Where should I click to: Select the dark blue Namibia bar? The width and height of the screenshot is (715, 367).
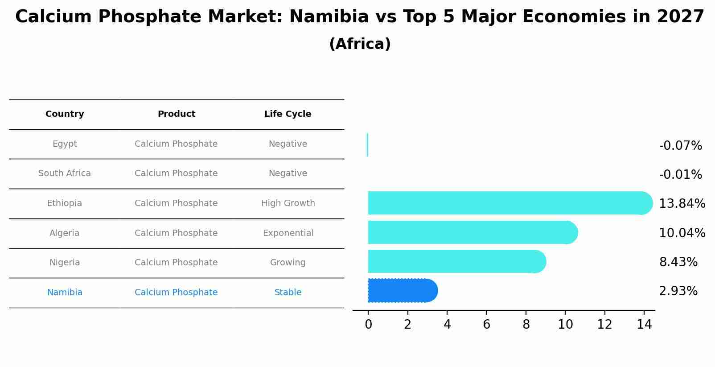tap(401, 291)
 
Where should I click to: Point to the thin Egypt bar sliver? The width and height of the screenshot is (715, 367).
tap(367, 145)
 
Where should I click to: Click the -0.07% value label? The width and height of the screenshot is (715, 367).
tap(680, 146)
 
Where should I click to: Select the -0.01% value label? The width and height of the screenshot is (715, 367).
tap(680, 175)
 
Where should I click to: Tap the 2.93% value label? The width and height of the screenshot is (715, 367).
tap(678, 291)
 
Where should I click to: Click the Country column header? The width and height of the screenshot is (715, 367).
tap(65, 114)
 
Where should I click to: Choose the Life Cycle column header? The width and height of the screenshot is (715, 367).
tap(288, 114)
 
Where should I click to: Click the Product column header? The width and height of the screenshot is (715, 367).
tap(176, 114)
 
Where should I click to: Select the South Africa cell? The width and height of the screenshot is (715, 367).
tap(65, 173)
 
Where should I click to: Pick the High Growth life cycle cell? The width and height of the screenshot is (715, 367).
tap(288, 203)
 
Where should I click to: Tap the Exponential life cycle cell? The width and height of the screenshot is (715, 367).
tap(288, 233)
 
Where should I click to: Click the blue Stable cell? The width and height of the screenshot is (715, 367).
tap(288, 293)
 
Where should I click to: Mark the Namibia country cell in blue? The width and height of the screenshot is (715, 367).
tap(65, 293)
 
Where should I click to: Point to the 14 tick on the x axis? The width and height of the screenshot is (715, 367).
tap(644, 325)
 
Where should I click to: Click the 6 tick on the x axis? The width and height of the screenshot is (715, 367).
tap(486, 325)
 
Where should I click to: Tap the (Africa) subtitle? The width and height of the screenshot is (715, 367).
tap(360, 44)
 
